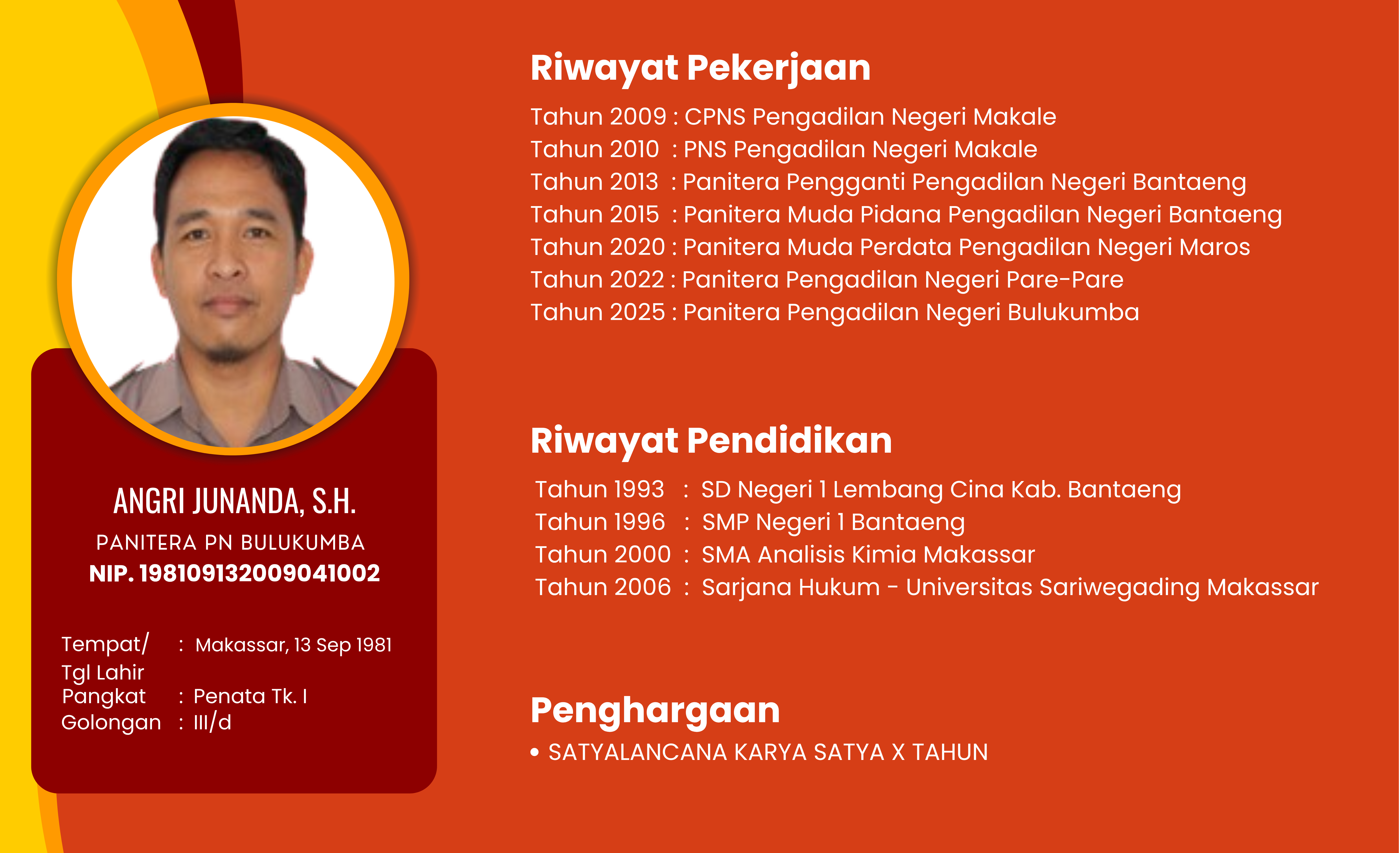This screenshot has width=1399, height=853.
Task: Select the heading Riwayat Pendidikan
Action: tap(711, 441)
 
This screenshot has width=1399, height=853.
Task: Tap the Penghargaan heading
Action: tap(655, 711)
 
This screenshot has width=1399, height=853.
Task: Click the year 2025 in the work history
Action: tap(636, 312)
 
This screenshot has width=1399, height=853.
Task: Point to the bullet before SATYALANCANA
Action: tap(534, 753)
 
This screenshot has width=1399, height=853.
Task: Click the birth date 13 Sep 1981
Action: tap(343, 645)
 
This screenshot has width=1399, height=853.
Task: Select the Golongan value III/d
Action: tap(212, 722)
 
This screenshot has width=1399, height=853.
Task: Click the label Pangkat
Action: tap(104, 697)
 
